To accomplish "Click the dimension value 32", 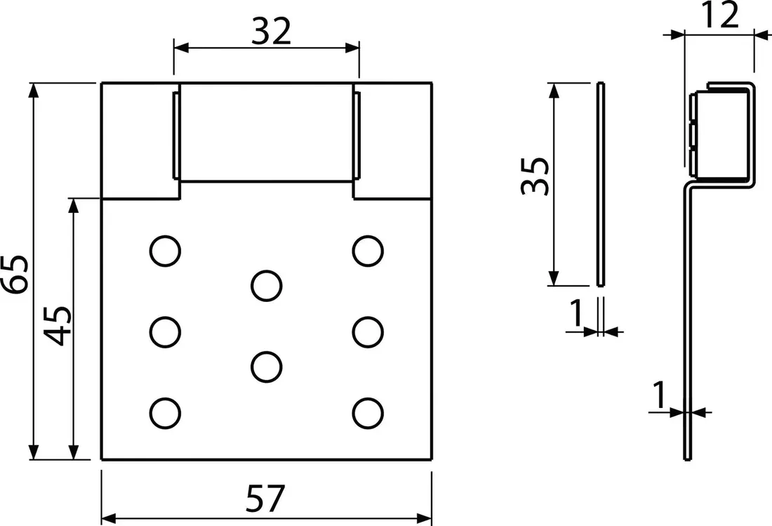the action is click(272, 32).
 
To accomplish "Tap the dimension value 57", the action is click(265, 499).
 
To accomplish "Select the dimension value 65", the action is click(15, 275).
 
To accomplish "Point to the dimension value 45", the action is click(58, 326).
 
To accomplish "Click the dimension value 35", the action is click(535, 176).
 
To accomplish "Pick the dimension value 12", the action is click(721, 15).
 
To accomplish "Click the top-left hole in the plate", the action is click(165, 251).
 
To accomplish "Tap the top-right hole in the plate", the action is click(368, 251).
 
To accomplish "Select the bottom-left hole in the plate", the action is click(165, 413).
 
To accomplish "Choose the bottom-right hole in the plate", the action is click(368, 413).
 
